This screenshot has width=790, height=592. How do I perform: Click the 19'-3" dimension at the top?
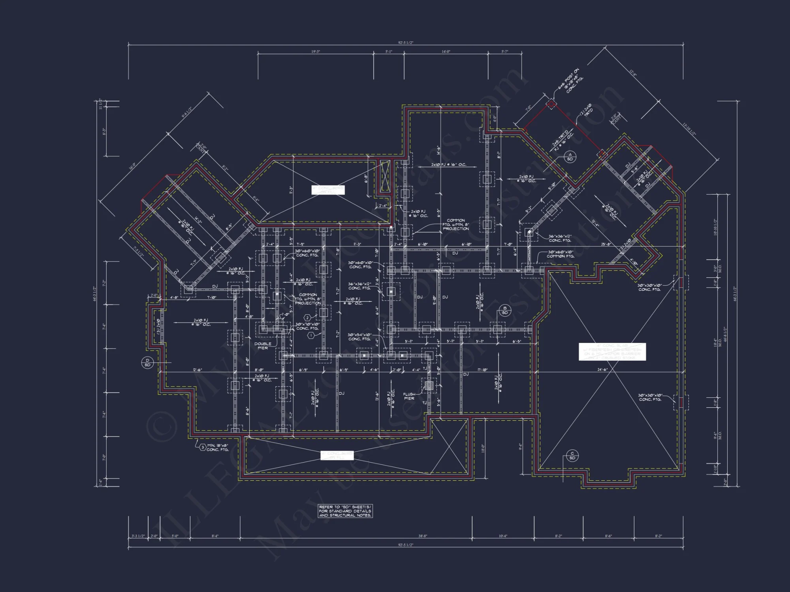pyautogui.click(x=315, y=52)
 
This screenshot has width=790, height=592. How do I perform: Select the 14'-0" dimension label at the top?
pyautogui.click(x=446, y=52)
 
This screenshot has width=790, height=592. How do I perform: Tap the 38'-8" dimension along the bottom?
pyautogui.click(x=423, y=536)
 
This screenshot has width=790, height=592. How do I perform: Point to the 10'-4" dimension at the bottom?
pyautogui.click(x=502, y=536)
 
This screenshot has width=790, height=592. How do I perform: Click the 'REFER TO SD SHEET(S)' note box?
pyautogui.click(x=345, y=511)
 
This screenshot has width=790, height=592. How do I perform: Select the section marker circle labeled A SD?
pyautogui.click(x=570, y=157)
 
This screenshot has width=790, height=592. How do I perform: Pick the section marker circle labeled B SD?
pyautogui.click(x=505, y=310)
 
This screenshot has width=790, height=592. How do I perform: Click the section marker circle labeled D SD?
pyautogui.click(x=147, y=362)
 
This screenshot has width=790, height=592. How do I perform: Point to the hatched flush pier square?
pyautogui.click(x=429, y=385)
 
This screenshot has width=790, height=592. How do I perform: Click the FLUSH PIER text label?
pyautogui.click(x=409, y=396)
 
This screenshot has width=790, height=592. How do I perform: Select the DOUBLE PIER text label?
pyautogui.click(x=263, y=346)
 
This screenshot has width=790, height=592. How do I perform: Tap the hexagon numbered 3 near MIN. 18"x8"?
pyautogui.click(x=202, y=447)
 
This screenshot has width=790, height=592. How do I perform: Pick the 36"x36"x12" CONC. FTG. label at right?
pyautogui.click(x=560, y=238)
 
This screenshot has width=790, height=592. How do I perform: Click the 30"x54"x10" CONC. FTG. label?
pyautogui.click(x=360, y=337)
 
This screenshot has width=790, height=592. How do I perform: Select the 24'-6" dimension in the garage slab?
pyautogui.click(x=602, y=370)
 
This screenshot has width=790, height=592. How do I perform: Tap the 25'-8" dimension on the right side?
pyautogui.click(x=606, y=244)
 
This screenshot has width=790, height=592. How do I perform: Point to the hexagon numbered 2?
pyautogui.click(x=307, y=318)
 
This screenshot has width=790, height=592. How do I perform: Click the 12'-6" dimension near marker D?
pyautogui.click(x=197, y=370)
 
